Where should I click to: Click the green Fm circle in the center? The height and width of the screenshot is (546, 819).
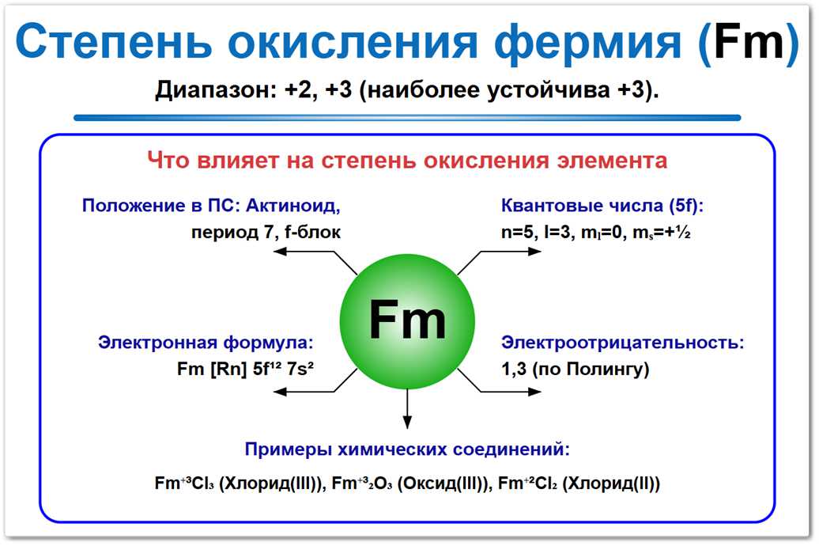[408, 320]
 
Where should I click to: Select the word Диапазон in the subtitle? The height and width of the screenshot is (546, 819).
[209, 89]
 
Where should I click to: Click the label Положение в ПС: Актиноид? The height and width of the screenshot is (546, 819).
[210, 207]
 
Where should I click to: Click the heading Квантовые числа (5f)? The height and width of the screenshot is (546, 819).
[602, 207]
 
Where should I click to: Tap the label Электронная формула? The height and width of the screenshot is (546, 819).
[206, 343]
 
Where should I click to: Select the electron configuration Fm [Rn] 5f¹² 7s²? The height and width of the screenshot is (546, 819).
[247, 369]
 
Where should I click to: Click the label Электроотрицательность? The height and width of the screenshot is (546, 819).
[623, 343]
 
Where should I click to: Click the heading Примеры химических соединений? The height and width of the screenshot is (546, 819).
[407, 449]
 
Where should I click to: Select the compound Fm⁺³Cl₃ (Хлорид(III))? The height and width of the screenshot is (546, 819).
[240, 483]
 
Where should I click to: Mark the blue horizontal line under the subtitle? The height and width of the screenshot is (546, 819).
[407, 118]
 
